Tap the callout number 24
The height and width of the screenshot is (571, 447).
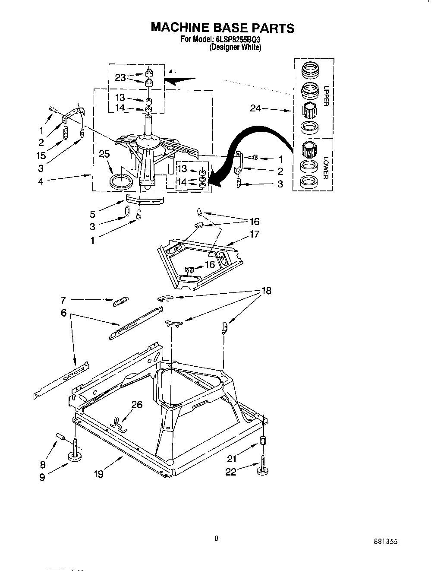pyautogui.click(x=256, y=108)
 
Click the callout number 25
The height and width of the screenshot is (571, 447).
pyautogui.click(x=104, y=154)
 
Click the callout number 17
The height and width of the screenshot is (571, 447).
pyautogui.click(x=254, y=235)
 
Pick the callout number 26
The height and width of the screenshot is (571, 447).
pyautogui.click(x=136, y=405)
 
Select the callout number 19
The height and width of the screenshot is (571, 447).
pyautogui.click(x=98, y=474)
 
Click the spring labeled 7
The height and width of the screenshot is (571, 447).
pyautogui.click(x=121, y=302)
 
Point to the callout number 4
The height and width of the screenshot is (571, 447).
pyautogui.click(x=41, y=181)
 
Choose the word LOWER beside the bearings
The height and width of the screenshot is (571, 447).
pyautogui.click(x=326, y=168)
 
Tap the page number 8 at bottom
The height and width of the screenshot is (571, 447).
pyautogui.click(x=217, y=538)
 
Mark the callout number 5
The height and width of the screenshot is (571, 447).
pyautogui.click(x=92, y=213)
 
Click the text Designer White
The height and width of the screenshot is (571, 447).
pyautogui.click(x=235, y=48)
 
